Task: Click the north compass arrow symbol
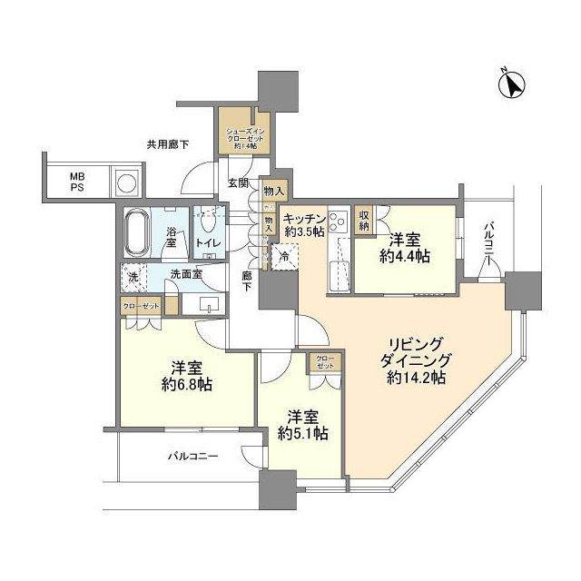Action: (x=514, y=85)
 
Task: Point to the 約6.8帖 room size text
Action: (x=188, y=385)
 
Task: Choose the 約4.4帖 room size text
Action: (x=405, y=258)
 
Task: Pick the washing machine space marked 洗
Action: (x=132, y=276)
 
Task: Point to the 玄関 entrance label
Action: (x=237, y=182)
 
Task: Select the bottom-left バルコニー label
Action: (x=192, y=457)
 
